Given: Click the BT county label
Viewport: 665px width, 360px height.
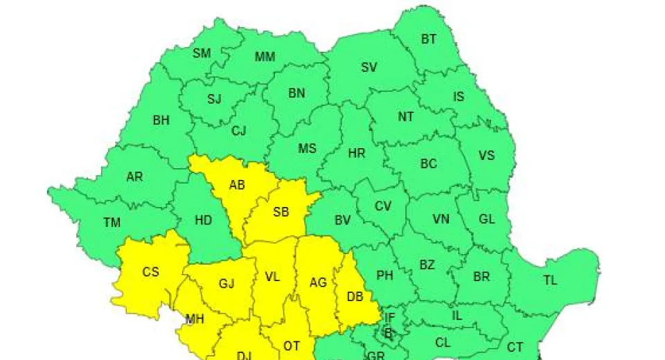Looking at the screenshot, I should pos(429,39).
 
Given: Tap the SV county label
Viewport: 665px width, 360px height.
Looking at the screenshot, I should pos(369,67).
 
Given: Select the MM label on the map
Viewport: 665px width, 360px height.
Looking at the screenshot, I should pos(265,57).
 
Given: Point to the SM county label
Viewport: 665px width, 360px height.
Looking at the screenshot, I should pos(202,53).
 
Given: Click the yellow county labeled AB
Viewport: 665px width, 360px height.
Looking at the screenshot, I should pos(237,185).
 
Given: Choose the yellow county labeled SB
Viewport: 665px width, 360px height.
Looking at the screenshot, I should pos(281,213).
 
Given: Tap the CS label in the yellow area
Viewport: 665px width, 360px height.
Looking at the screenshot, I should pos(150,272).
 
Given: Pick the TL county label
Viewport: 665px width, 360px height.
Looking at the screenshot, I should pos(550,280).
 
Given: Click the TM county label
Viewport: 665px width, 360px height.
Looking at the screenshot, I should pos(112,223).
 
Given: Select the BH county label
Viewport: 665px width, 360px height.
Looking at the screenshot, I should pos(161,120).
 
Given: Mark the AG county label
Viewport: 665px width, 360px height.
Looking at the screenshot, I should pos(318,282).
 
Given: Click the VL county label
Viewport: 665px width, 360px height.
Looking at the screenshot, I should pos(272,277).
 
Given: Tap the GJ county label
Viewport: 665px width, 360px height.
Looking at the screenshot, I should pos(227,285).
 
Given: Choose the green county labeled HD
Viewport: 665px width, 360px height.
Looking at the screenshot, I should pos(203,221).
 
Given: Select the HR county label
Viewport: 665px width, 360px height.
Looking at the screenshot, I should pos(356,154).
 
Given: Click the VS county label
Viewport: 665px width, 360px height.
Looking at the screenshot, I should pos(487,155).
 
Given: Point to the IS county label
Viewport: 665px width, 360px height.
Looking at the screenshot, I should pos(459,97).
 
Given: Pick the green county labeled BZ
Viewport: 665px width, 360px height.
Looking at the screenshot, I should pos(427,265).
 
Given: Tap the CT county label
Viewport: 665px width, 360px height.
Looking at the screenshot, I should pos(515,347).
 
